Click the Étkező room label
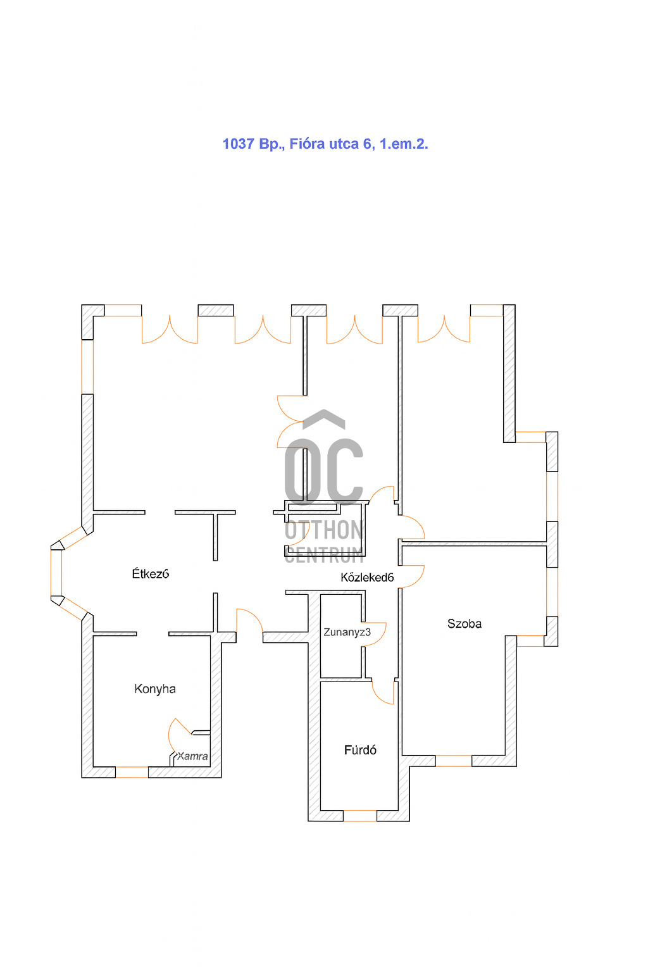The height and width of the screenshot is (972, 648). click(x=150, y=573)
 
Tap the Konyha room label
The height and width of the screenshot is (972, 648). click(x=155, y=688)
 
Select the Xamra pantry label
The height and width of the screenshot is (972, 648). click(x=192, y=756)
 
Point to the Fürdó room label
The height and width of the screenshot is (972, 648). click(x=360, y=750)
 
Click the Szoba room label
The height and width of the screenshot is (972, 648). click(x=464, y=623)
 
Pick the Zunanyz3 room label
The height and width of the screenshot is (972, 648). click(x=347, y=632)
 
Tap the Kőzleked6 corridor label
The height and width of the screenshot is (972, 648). click(x=367, y=577)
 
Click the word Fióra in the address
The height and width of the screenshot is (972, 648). click(x=308, y=144)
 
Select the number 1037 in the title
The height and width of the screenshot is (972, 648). click(x=239, y=144)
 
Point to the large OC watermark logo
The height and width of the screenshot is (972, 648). click(x=324, y=471)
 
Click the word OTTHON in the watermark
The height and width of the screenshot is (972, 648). click(x=324, y=530)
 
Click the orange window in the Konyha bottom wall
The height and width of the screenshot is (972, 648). click(x=132, y=772)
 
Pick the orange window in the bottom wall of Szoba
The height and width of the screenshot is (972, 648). click(x=453, y=761)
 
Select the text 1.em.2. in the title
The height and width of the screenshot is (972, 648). click(x=404, y=144)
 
